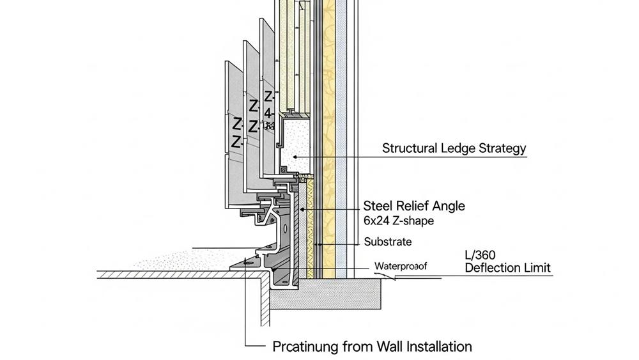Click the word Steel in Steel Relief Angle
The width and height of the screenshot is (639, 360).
[378, 206]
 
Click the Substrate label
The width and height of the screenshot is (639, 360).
[388, 242]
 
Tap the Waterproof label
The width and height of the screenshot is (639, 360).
[400, 266]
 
